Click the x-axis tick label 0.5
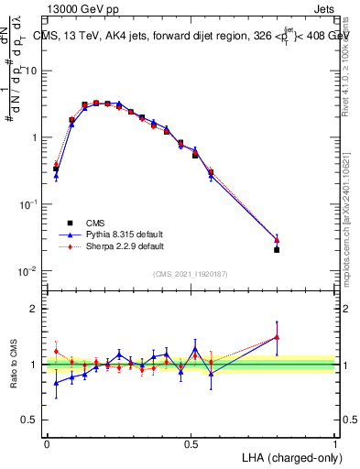191,442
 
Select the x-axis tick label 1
335,442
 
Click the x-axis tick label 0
47,442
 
